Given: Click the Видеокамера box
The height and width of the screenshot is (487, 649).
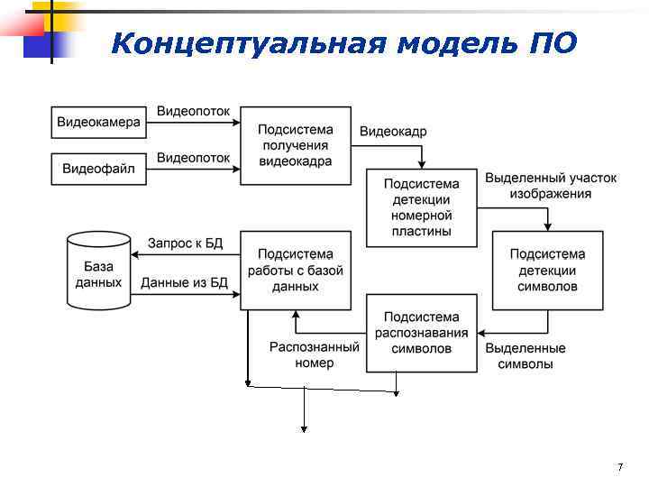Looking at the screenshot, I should [x=99, y=123].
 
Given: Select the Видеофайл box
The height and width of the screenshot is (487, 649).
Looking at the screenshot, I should [x=99, y=169].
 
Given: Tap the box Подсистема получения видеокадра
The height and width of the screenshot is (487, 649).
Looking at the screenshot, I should [x=296, y=146].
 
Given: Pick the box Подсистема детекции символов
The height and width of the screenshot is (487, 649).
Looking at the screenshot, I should [x=547, y=271].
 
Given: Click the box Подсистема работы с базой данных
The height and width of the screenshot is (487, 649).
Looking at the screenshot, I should [x=296, y=271].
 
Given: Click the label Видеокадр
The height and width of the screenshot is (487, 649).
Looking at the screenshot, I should [x=393, y=132].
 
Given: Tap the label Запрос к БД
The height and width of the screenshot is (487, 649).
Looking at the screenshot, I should [x=185, y=243].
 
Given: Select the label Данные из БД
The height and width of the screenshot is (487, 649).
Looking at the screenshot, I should [x=184, y=283].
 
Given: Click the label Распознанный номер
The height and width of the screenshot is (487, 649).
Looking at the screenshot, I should [x=315, y=354].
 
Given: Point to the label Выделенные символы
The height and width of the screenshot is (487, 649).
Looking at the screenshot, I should [x=526, y=356].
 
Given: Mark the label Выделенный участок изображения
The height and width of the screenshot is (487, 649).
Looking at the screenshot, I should [x=551, y=186].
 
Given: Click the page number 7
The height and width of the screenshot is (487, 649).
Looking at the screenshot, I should [x=620, y=467].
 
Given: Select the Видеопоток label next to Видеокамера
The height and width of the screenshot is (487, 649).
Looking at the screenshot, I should [x=193, y=112].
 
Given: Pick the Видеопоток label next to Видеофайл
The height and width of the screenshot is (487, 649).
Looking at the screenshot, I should [x=193, y=158].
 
